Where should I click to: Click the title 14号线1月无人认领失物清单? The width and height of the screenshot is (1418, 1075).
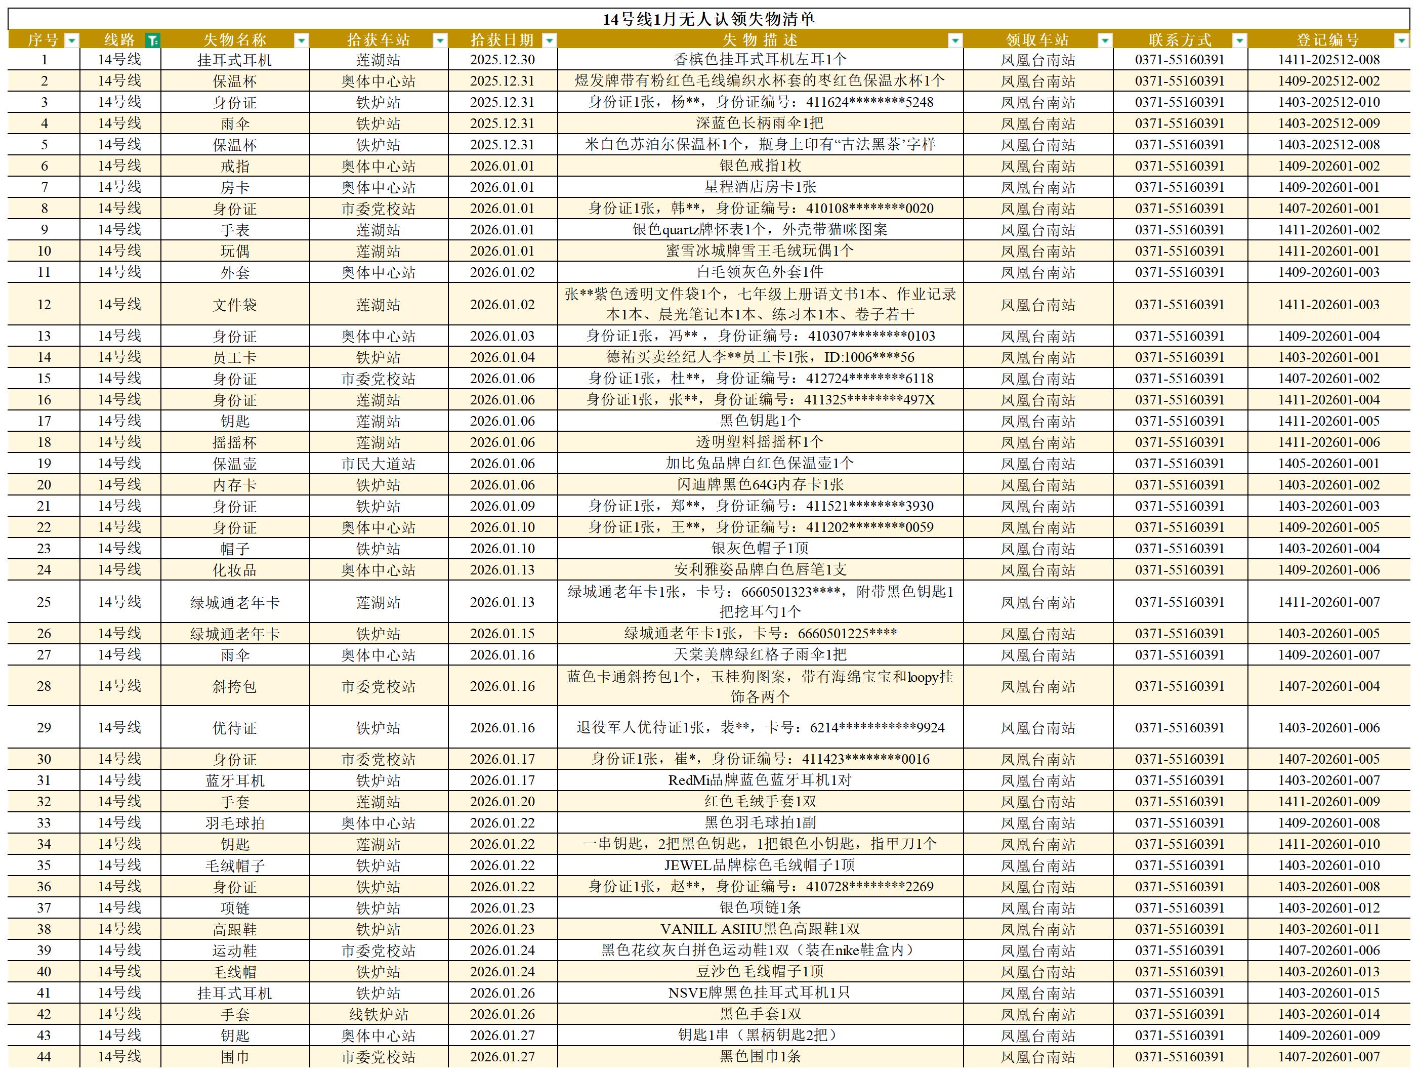click(x=708, y=19)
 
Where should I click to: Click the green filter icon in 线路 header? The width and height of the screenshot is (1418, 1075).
click(x=152, y=40)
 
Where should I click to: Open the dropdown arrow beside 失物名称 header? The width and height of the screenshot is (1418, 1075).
click(x=301, y=40)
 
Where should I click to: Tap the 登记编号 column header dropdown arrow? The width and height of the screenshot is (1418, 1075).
click(x=1401, y=40)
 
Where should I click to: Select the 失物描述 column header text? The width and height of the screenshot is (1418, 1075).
click(x=760, y=40)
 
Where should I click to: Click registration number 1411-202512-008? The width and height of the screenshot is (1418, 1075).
click(x=1328, y=60)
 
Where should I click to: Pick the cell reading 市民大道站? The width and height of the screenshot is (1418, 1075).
click(x=378, y=464)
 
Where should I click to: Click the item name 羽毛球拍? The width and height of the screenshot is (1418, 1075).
click(x=235, y=823)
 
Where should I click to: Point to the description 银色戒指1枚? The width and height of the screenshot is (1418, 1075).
click(x=760, y=166)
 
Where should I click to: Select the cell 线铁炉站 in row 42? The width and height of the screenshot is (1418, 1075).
click(x=378, y=1014)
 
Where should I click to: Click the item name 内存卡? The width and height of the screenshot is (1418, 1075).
click(x=235, y=485)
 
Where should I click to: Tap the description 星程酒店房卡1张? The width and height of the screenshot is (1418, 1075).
click(x=760, y=187)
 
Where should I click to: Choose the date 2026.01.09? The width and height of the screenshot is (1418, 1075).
click(x=502, y=506)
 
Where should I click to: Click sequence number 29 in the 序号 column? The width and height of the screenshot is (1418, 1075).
click(x=44, y=728)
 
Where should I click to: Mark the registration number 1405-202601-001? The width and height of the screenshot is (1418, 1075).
click(x=1328, y=464)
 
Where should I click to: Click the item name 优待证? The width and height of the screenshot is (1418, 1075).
click(x=235, y=728)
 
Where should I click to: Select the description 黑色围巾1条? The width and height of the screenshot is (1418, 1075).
click(x=760, y=1056)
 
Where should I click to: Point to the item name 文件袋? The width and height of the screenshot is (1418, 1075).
click(x=235, y=305)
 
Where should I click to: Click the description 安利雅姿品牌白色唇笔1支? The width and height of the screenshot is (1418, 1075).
click(x=760, y=569)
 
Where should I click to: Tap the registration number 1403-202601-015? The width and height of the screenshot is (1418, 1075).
click(x=1328, y=993)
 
